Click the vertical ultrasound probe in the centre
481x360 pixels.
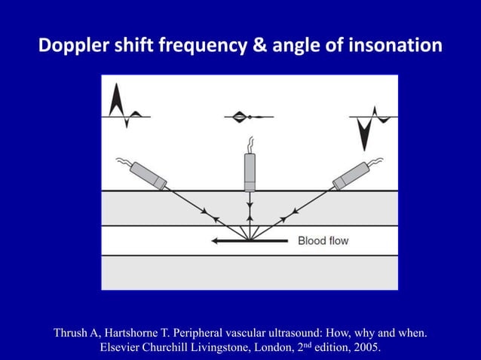(x=250, y=172)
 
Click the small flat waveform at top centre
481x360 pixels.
(x=242, y=117)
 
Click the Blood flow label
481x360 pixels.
(x=323, y=241)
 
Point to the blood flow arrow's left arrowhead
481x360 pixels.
(x=216, y=241)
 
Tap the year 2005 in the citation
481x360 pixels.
(x=366, y=348)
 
